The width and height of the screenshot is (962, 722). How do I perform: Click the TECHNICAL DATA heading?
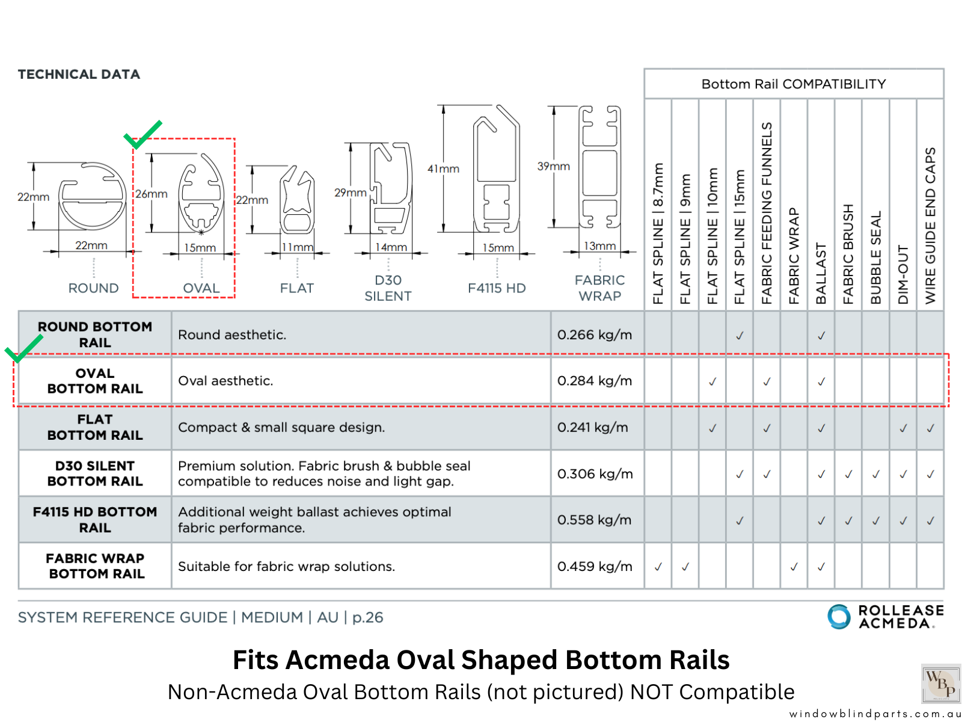(x=79, y=75)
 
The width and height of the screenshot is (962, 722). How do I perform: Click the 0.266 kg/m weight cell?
(x=595, y=335)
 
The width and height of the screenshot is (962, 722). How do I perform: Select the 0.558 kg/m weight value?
(x=595, y=520)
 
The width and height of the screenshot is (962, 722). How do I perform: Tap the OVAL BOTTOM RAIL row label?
(x=95, y=381)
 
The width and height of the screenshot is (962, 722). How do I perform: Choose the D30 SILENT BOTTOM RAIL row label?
(x=95, y=474)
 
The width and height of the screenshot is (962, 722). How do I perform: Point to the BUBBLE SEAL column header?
(x=875, y=258)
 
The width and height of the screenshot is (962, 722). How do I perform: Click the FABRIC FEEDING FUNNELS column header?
(x=767, y=213)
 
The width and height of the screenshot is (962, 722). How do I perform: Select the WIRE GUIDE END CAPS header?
(x=930, y=226)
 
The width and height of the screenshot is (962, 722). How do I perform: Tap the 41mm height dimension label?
(x=443, y=169)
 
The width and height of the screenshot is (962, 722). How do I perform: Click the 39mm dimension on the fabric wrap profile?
(x=553, y=166)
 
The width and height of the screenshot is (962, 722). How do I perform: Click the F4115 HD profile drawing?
(x=496, y=169)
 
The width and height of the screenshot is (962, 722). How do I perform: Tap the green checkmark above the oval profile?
(x=142, y=134)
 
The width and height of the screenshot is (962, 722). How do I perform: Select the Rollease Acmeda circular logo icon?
(x=839, y=617)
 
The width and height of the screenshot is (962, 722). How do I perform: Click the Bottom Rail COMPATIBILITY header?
(x=794, y=84)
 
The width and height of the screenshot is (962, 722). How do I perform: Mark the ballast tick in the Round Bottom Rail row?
(x=821, y=336)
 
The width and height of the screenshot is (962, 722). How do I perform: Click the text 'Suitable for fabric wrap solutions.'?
(x=286, y=566)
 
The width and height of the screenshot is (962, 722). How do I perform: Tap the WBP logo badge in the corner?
(x=941, y=683)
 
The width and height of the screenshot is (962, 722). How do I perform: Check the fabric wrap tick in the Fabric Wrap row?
(x=794, y=567)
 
